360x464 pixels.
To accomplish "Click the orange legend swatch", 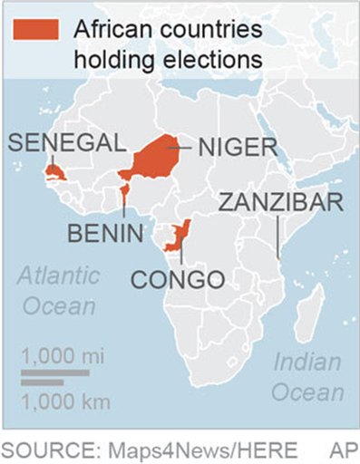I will click(35, 29).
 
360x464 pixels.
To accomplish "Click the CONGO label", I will click(178, 278).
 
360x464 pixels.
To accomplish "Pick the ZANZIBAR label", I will click(278, 201).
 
